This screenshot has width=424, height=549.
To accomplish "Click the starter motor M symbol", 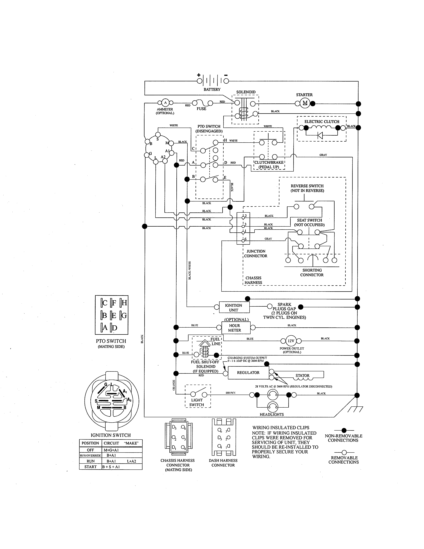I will tap(305, 103).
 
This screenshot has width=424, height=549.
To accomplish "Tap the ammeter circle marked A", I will tap(165, 102).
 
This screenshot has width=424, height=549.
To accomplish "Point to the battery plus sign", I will tap(198, 75).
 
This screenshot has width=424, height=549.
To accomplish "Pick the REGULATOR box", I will tap(248, 372).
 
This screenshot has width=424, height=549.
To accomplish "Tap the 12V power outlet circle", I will tap(291, 341).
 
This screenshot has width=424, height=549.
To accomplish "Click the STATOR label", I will tap(302, 375).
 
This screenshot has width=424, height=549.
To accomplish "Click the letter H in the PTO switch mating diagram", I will tap(124, 303).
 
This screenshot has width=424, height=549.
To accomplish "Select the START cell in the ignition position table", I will tap(90, 467).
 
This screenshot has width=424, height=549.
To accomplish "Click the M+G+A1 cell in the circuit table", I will tap(111, 450).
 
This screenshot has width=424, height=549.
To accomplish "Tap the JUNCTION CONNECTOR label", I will tap(256, 253).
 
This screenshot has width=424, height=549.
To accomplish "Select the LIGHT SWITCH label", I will tap(197, 402).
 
